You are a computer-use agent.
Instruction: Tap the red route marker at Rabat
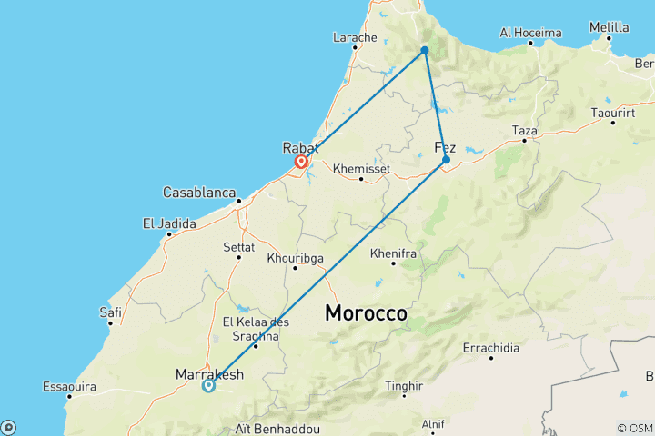coord(300,163)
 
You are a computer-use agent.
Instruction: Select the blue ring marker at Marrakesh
coord(208,385)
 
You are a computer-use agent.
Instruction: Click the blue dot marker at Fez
coord(446,160)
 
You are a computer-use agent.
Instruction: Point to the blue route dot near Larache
coord(425,50)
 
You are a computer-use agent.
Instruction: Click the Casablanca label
coord(196,193)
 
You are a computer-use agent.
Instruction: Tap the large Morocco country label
coord(367,313)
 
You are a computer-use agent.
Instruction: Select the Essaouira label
coord(69,386)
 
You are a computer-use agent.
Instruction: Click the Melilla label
coord(609,28)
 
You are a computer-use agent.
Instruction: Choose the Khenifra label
coord(394,253)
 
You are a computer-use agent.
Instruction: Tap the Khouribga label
coord(295,257)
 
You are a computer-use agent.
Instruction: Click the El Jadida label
coord(169,223)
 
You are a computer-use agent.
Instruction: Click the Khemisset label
coord(361,168)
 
